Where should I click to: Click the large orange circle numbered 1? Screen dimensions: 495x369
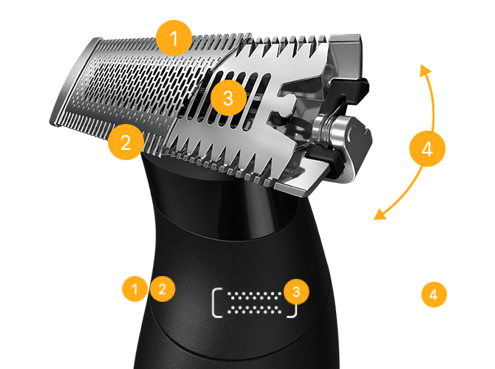pos(174,38)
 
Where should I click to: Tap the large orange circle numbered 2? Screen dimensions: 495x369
pos(126,142)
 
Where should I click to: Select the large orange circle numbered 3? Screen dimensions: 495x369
pos(228,97)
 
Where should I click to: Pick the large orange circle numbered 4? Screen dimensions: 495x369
pos(427,148)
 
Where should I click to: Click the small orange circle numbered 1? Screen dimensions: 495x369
pos(134,289)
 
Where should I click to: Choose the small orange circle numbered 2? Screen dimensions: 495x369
pos(163,289)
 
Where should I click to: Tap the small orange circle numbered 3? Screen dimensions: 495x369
pos(296,292)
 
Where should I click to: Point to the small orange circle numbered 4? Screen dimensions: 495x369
pos(434,294)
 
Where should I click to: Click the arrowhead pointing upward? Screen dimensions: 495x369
pos(425,70)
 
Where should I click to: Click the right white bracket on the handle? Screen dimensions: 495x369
pos(294,311)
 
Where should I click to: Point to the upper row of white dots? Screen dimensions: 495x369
pos(254,297)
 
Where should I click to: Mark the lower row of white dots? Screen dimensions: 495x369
pos(254,310)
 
